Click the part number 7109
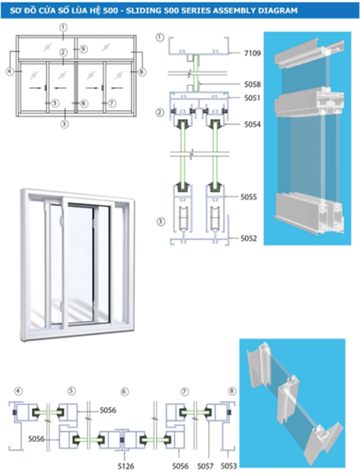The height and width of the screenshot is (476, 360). pyautogui.click(x=253, y=53)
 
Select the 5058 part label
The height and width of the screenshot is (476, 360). pyautogui.click(x=253, y=85)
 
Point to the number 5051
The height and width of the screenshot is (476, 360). pyautogui.click(x=253, y=98)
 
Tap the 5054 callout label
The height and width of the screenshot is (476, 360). pyautogui.click(x=253, y=125)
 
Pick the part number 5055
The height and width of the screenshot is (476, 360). pyautogui.click(x=249, y=197)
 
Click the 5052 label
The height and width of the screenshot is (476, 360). pyautogui.click(x=249, y=239)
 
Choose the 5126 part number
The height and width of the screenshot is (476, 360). pyautogui.click(x=126, y=466)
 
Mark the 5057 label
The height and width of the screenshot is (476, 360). pyautogui.click(x=205, y=466)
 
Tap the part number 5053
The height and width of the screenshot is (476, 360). pyautogui.click(x=228, y=466)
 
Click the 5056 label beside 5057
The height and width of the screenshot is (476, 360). pyautogui.click(x=180, y=466)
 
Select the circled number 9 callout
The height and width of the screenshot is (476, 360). pyautogui.click(x=83, y=48)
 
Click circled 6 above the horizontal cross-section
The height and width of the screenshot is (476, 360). pyautogui.click(x=125, y=391)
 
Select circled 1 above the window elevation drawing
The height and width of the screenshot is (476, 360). pyautogui.click(x=63, y=27)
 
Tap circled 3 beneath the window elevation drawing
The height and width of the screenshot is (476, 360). pyautogui.click(x=64, y=124)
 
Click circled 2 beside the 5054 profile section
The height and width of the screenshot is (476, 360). pyautogui.click(x=160, y=113)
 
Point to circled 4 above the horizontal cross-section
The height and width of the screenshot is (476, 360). pyautogui.click(x=18, y=391)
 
